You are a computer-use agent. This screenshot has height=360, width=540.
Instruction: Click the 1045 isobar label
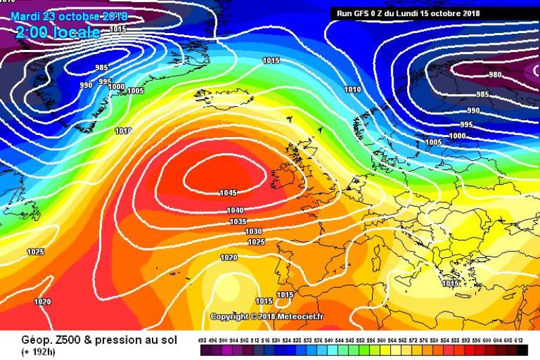227,192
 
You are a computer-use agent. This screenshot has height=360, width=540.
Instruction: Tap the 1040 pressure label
236,211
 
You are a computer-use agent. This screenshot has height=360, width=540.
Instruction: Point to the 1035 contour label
238,222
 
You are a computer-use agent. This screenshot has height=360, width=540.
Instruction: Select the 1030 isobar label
254,232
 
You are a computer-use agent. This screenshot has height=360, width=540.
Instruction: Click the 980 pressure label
495,75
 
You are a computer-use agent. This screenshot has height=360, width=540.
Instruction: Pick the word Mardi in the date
25,16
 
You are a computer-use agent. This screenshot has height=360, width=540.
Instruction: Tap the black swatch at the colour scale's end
522,351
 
